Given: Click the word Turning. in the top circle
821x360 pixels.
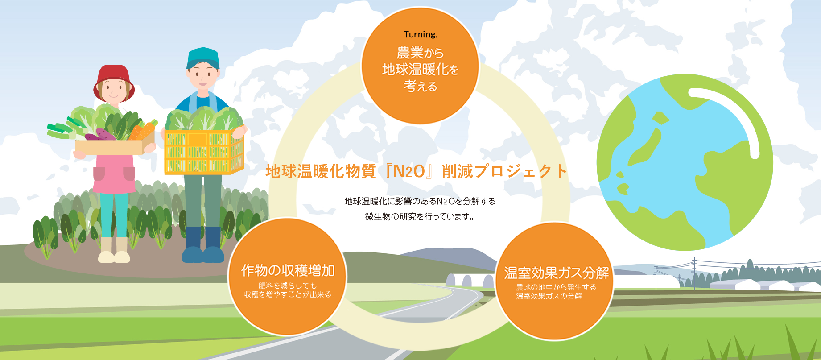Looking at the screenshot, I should click(x=420, y=34).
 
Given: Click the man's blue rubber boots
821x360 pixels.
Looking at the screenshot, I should click(x=203, y=245).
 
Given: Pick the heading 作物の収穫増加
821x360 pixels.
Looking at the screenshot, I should click(x=288, y=270).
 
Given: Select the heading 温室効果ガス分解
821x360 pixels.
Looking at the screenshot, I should click(x=556, y=273).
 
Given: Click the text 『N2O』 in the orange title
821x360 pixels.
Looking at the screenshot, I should click(x=409, y=171).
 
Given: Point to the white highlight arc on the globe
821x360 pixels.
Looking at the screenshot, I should click(x=736, y=112).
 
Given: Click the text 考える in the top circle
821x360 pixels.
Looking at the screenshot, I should click(x=420, y=86).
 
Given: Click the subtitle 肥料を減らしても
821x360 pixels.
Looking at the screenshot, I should click(x=288, y=286).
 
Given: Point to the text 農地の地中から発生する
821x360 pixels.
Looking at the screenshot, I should click(x=556, y=287).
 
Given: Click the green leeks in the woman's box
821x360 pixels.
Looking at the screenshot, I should click(x=62, y=129).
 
